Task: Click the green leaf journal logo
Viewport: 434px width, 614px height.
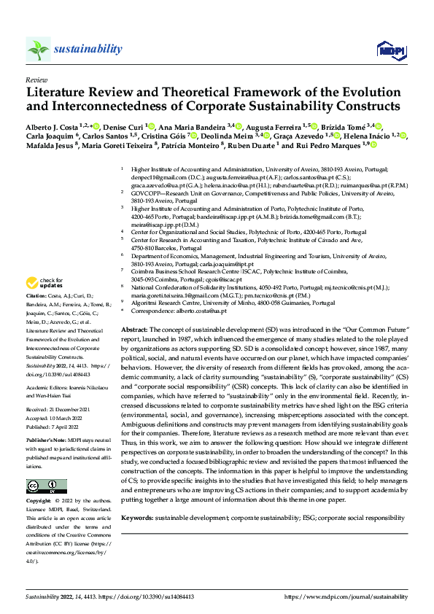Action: (38, 49)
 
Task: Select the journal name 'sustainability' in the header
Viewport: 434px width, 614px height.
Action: (88, 49)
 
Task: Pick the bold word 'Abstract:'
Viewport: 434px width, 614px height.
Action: (136, 330)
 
